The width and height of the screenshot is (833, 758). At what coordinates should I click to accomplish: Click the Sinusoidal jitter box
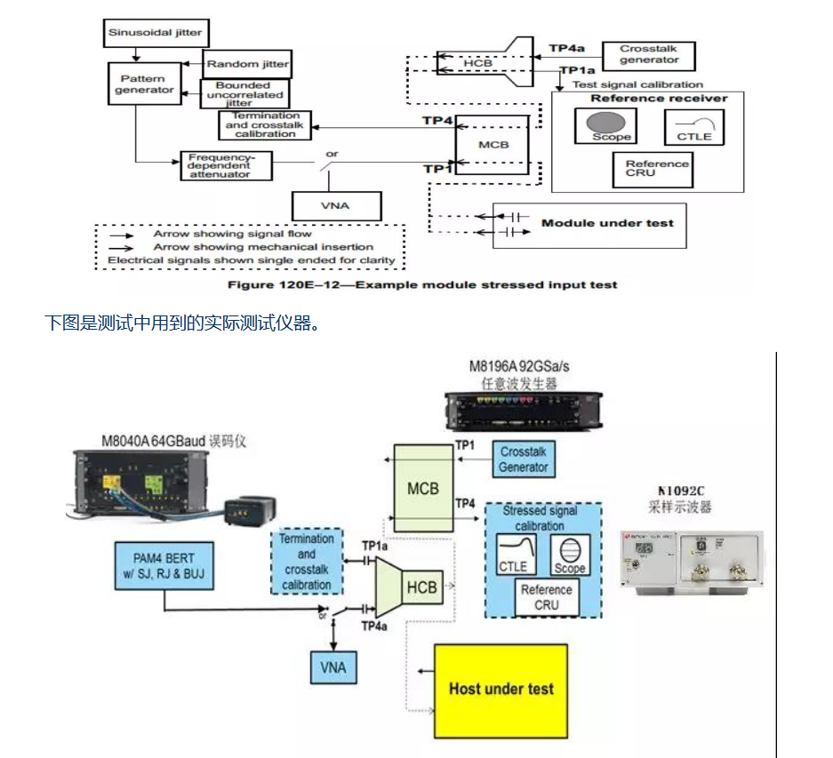(x=156, y=34)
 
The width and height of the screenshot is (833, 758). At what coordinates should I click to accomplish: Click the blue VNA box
(x=332, y=666)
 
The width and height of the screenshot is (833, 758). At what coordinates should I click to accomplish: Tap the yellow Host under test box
(x=501, y=690)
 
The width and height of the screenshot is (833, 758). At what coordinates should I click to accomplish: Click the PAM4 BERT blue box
(x=164, y=568)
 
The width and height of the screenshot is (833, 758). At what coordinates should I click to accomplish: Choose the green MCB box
(x=423, y=488)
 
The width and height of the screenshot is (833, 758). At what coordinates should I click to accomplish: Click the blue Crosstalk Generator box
(x=523, y=460)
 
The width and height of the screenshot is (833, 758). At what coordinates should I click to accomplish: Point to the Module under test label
(x=607, y=223)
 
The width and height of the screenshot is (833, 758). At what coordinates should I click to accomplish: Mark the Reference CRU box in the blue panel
(x=547, y=597)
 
